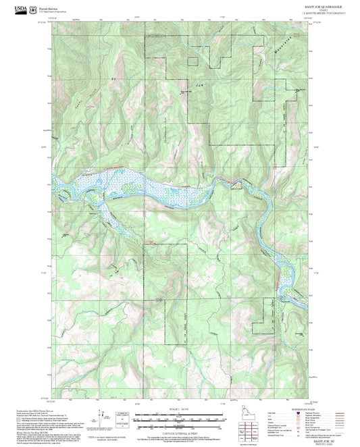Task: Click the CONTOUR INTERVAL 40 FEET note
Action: click(x=180, y=431)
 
